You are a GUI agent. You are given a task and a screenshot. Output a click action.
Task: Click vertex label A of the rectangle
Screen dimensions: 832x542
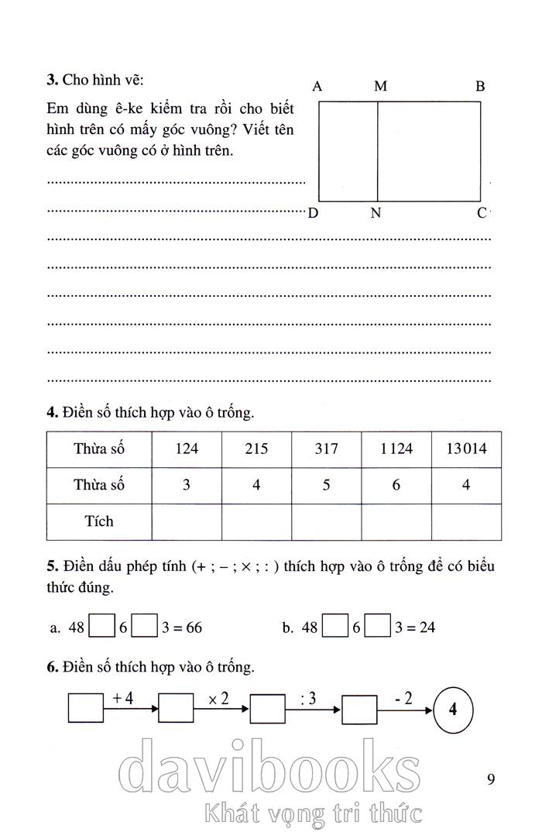(x=317, y=87)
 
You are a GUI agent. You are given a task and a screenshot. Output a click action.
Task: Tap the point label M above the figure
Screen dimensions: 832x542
(x=380, y=87)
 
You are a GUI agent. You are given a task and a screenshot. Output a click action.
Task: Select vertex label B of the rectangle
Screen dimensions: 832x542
(x=480, y=87)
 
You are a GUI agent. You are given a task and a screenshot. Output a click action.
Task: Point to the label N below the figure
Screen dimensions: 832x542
(x=376, y=213)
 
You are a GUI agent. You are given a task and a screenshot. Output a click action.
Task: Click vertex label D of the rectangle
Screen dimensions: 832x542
(x=313, y=213)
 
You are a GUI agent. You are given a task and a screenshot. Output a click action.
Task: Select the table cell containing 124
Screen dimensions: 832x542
(x=187, y=449)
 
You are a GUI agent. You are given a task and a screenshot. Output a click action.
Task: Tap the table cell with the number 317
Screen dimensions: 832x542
(x=327, y=449)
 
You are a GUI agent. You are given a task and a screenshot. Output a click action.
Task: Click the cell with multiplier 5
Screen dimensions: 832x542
(x=327, y=486)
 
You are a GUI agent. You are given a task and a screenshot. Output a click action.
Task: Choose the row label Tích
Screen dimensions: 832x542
(x=99, y=521)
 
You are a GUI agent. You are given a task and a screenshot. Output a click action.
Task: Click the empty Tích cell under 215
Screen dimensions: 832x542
(x=256, y=521)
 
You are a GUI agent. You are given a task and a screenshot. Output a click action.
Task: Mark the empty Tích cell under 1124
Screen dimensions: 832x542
(x=396, y=521)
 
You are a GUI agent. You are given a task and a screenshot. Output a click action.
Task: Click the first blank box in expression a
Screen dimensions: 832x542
(x=101, y=626)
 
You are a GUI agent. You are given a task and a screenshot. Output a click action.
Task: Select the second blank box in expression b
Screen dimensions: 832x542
(x=376, y=626)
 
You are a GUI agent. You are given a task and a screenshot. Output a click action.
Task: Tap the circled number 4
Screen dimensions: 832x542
(x=453, y=709)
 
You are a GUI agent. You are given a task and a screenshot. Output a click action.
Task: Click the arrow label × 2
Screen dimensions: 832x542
(x=218, y=698)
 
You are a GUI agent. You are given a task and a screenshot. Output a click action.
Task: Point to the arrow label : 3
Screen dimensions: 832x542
(x=308, y=698)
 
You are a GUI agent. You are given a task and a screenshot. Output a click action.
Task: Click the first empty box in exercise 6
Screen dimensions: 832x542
(x=86, y=708)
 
